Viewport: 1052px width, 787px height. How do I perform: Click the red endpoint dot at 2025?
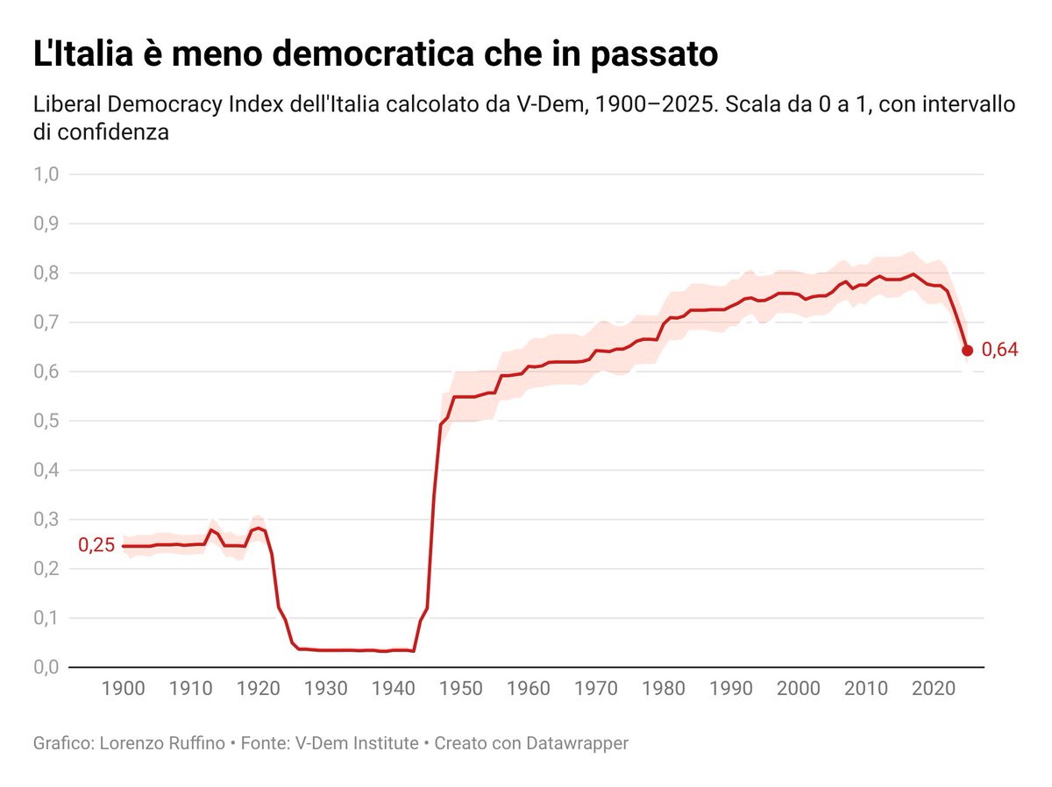point(967,351)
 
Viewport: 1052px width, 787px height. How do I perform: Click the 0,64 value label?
point(999,351)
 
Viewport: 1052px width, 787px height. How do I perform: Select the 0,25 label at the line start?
point(96,545)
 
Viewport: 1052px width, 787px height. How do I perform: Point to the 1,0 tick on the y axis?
point(46,174)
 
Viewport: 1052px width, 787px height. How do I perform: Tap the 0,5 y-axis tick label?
point(46,422)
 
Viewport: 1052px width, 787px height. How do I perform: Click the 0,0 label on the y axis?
point(46,668)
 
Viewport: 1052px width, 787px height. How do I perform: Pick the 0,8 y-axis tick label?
point(46,273)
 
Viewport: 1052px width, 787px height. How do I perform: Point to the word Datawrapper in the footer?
point(577,743)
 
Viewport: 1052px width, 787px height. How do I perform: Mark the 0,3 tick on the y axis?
point(46,520)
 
